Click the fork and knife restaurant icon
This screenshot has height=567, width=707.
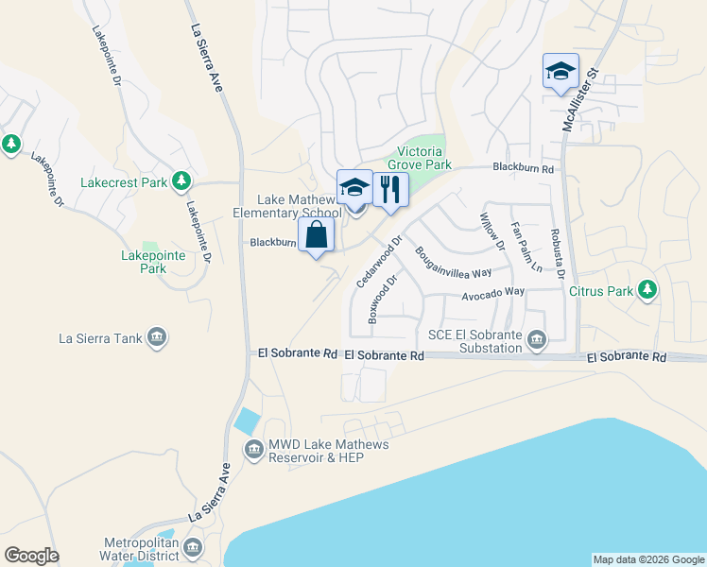point(389,189)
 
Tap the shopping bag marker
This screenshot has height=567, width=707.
point(317,235)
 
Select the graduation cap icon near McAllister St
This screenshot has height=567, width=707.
point(560,71)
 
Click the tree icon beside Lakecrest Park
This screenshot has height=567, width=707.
point(181,181)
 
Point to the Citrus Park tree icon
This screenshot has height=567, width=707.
point(647,290)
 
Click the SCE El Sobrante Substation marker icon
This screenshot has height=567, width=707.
point(537,339)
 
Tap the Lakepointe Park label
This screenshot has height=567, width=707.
point(144,262)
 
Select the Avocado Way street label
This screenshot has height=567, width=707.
point(492,294)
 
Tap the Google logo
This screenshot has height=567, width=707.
point(31,556)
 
